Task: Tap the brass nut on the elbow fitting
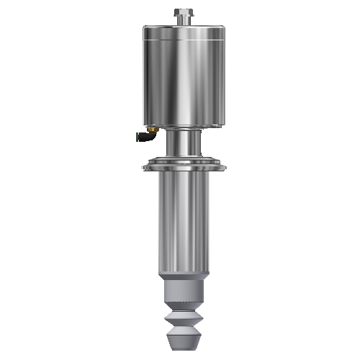pos(143,134)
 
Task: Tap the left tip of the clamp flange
pos(145,168)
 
